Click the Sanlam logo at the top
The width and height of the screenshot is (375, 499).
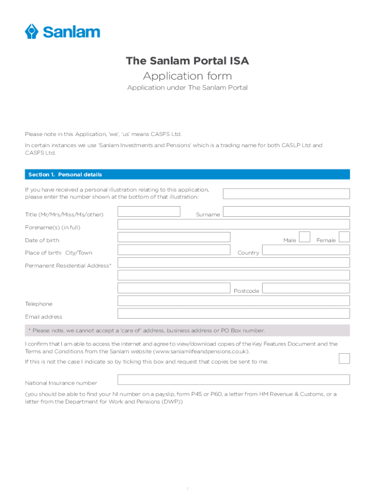pyautogui.click(x=62, y=32)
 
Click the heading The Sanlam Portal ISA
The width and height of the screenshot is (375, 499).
pyautogui.click(x=187, y=61)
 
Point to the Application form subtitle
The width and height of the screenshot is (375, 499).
pyautogui.click(x=187, y=76)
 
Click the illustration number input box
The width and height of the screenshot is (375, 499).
pyautogui.click(x=286, y=193)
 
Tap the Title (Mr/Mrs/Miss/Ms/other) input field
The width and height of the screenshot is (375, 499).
pyautogui.click(x=149, y=211)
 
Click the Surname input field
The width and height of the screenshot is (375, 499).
pyautogui.click(x=286, y=211)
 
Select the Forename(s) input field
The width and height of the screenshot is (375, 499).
pyautogui.click(x=234, y=224)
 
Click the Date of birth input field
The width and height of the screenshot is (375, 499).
pyautogui.click(x=174, y=237)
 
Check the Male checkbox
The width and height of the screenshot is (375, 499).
pyautogui.click(x=304, y=237)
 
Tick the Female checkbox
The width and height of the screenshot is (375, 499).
pyautogui.click(x=344, y=237)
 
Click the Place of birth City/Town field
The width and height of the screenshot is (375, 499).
pyautogui.click(x=174, y=250)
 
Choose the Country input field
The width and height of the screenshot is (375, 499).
pyautogui.click(x=305, y=250)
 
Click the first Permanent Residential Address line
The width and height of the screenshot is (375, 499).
pyautogui.click(x=234, y=263)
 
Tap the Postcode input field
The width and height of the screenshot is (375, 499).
pyautogui.click(x=305, y=288)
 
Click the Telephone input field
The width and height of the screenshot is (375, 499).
pyautogui.click(x=234, y=301)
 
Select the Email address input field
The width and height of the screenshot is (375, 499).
pyautogui.click(x=234, y=313)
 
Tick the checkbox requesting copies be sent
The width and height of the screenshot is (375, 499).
pyautogui.click(x=344, y=358)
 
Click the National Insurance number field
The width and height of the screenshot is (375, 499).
pyautogui.click(x=234, y=380)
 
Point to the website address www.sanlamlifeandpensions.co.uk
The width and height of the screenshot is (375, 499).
pyautogui.click(x=201, y=351)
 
